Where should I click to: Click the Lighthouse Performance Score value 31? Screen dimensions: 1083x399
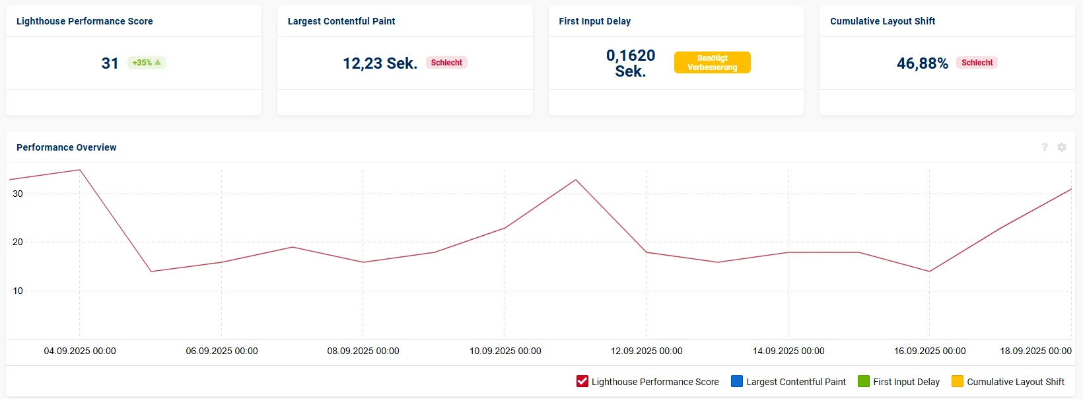(110, 63)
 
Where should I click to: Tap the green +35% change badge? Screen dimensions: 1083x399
(147, 62)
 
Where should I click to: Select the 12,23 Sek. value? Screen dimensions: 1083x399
(380, 63)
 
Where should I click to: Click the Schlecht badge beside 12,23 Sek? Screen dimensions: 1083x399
(446, 62)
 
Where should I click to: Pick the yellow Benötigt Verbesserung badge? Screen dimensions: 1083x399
(712, 62)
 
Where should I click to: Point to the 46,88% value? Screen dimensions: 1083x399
(923, 63)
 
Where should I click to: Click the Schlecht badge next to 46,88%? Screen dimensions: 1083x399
(977, 62)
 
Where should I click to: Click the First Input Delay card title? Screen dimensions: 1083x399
(595, 21)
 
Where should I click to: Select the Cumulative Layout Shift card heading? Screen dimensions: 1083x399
(882, 21)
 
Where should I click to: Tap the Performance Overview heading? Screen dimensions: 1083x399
(66, 147)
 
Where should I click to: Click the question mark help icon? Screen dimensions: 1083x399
(1045, 147)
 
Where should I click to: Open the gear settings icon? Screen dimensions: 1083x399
(1062, 147)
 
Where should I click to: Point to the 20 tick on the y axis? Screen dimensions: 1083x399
(18, 242)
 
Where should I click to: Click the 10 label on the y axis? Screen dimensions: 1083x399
(18, 291)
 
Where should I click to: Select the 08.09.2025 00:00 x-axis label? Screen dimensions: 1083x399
(363, 351)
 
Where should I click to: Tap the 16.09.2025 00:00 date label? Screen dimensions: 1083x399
(930, 351)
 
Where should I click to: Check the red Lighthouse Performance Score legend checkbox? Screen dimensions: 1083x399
(582, 381)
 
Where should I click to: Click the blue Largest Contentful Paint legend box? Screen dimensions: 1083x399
(737, 381)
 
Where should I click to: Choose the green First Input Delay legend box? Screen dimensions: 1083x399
(864, 381)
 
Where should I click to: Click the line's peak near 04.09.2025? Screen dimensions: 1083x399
(80, 170)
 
